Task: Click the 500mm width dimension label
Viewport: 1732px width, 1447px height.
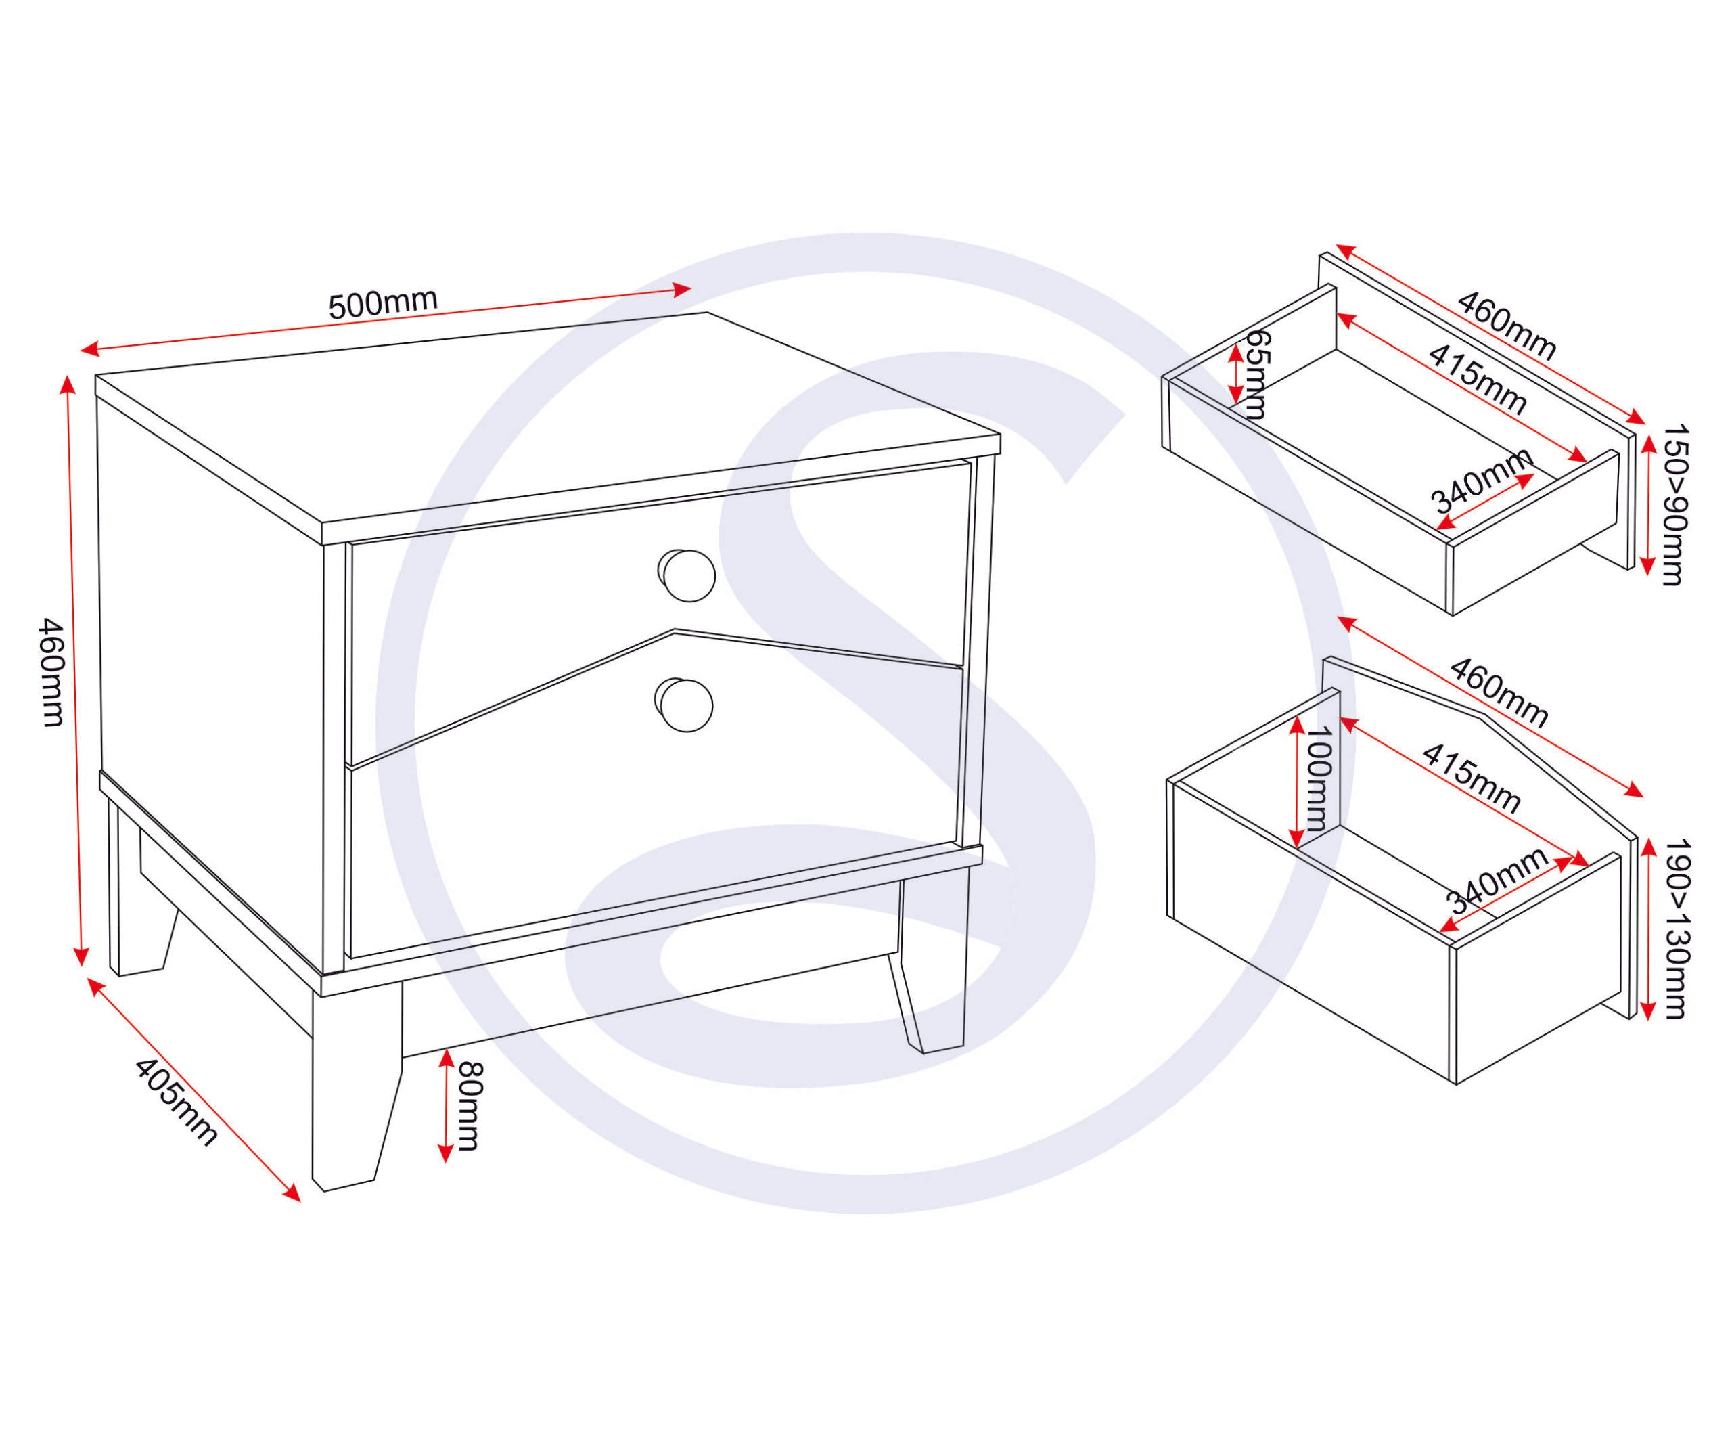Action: (x=383, y=305)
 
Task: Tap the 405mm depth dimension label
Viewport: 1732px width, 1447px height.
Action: (x=176, y=1102)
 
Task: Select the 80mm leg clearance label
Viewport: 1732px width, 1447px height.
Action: (x=467, y=1105)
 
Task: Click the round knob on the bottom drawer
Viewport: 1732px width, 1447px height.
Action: (x=686, y=705)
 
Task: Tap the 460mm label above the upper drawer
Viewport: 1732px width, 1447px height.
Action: (x=1506, y=325)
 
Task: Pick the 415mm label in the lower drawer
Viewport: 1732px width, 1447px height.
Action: (x=1472, y=778)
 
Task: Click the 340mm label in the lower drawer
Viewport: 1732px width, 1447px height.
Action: (x=1497, y=878)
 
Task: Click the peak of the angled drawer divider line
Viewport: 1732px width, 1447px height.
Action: (x=674, y=631)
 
